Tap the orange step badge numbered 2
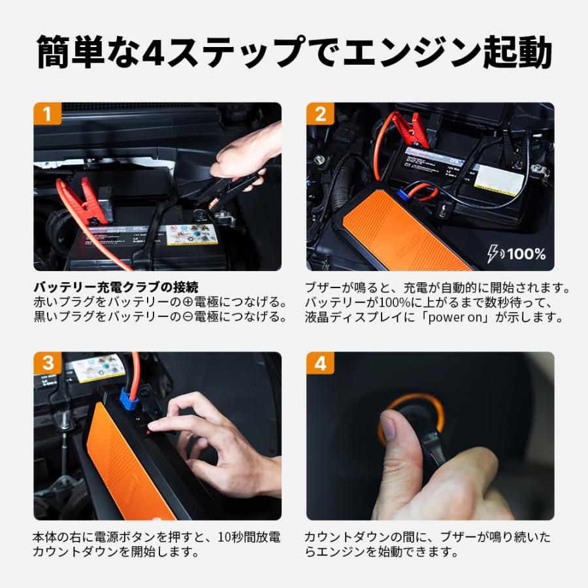[320, 114]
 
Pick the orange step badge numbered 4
[320, 363]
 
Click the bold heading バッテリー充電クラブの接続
[116, 287]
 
